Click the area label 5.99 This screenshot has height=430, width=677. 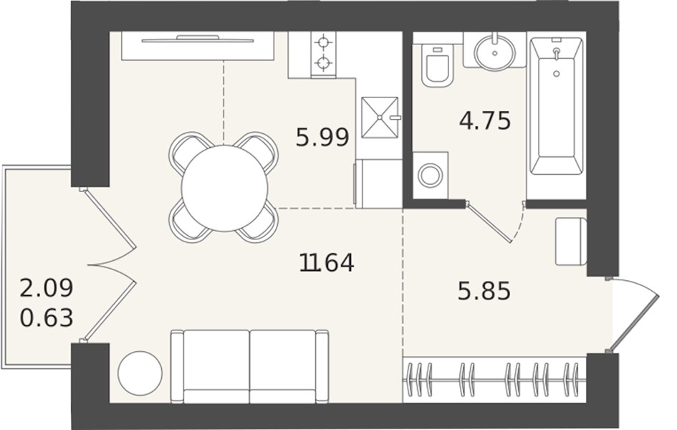[322, 138]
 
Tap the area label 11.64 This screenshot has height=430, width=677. [327, 262]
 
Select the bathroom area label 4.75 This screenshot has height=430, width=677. [485, 120]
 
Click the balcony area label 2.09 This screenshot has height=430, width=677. [47, 288]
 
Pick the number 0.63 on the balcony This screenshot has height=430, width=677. [47, 318]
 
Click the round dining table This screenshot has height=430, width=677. [224, 188]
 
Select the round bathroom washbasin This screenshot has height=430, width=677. [495, 53]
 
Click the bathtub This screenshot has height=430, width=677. [557, 106]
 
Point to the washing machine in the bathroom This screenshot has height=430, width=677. [431, 176]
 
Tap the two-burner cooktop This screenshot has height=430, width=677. [323, 53]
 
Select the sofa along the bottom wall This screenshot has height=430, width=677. [249, 366]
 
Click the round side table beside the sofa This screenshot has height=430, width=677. [140, 373]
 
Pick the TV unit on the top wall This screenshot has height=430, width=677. [198, 46]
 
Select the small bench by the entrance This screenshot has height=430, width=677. [571, 242]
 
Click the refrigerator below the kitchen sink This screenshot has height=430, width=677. [379, 183]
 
